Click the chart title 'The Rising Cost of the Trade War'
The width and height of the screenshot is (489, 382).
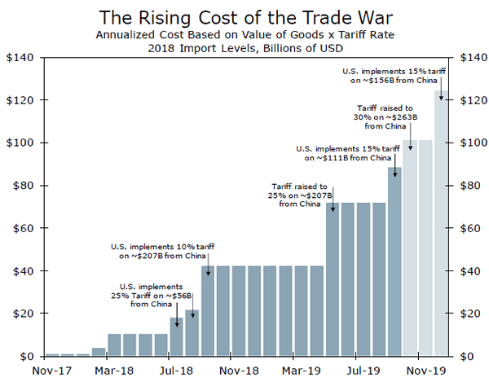(244, 16)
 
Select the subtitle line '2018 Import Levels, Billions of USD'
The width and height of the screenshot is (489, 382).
(244, 48)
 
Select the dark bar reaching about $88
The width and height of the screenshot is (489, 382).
(394, 261)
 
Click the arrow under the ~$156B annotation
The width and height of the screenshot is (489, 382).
(441, 92)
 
